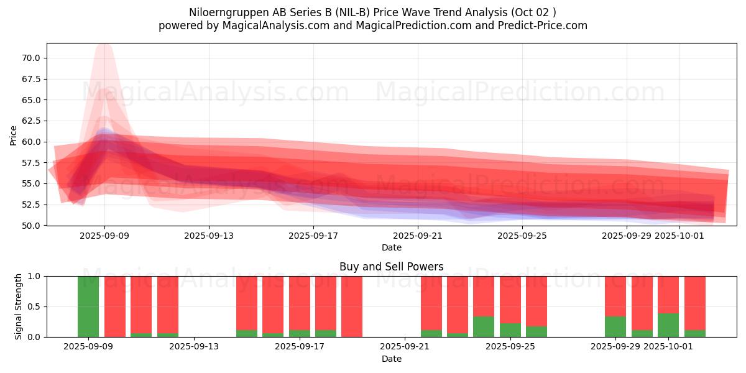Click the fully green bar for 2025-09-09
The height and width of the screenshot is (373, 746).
(x=88, y=306)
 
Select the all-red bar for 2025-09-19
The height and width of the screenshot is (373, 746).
(x=352, y=306)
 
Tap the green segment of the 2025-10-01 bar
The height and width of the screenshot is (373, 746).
(x=668, y=325)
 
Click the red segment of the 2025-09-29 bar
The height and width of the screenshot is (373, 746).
(x=615, y=296)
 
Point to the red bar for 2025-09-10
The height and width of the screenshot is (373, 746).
(x=115, y=306)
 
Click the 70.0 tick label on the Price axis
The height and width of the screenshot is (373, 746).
(x=30, y=58)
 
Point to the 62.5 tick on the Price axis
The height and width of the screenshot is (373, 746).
(x=30, y=121)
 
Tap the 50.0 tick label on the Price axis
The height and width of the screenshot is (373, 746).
(x=30, y=225)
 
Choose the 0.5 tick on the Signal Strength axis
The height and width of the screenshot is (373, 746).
(x=35, y=306)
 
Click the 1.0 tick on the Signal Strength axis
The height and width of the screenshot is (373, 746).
(x=35, y=276)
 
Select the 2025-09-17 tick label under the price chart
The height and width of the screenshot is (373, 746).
(x=313, y=236)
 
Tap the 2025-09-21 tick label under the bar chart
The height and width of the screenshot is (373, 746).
(x=405, y=347)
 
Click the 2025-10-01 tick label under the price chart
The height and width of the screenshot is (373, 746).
(x=679, y=236)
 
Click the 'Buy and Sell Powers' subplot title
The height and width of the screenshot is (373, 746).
(x=392, y=267)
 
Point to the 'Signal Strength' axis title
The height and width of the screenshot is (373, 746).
(x=19, y=306)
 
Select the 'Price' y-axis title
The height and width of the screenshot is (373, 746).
(x=14, y=135)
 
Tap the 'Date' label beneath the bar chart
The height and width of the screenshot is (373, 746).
(x=392, y=359)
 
